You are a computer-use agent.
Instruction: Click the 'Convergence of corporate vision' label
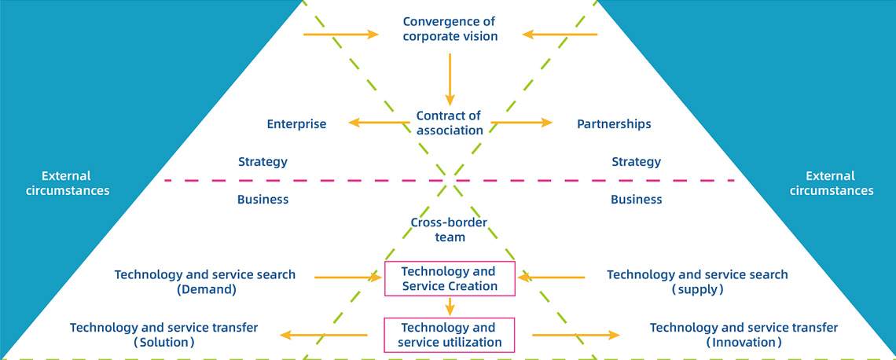(x=450, y=28)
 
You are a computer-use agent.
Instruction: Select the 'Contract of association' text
(x=449, y=123)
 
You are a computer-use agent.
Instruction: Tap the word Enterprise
(x=296, y=124)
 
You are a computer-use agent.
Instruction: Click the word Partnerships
(x=614, y=124)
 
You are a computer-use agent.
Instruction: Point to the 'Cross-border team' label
(x=449, y=230)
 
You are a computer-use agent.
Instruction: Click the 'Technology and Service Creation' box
(x=450, y=279)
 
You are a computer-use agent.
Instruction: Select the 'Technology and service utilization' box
(x=450, y=335)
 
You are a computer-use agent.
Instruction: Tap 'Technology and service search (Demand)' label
(x=205, y=281)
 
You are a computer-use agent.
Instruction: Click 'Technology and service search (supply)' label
(x=697, y=281)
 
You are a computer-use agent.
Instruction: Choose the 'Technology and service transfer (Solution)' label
(x=164, y=335)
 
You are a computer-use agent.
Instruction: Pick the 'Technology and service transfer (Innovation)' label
(x=744, y=335)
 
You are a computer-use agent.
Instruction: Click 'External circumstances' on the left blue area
(x=67, y=183)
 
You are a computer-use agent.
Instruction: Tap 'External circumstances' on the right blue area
(x=831, y=183)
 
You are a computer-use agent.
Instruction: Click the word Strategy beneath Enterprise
(x=263, y=162)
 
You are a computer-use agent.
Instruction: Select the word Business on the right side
(x=636, y=200)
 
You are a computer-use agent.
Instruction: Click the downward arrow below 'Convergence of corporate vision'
(x=450, y=79)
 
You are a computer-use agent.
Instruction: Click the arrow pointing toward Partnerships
(x=522, y=122)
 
